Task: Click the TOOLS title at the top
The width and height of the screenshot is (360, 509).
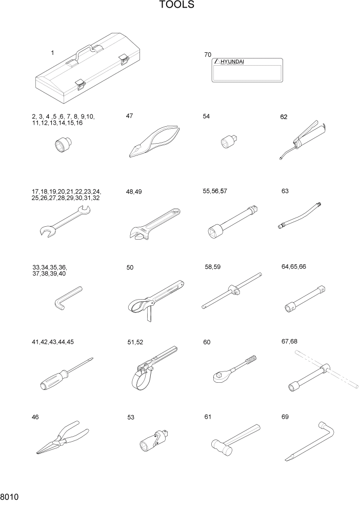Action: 177,5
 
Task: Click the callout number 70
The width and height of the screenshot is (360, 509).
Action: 208,54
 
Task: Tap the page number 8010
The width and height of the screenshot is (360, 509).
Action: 9,497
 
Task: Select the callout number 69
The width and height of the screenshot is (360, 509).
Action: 285,417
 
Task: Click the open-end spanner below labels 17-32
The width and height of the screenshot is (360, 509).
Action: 64,220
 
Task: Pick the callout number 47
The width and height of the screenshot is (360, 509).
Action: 129,116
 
